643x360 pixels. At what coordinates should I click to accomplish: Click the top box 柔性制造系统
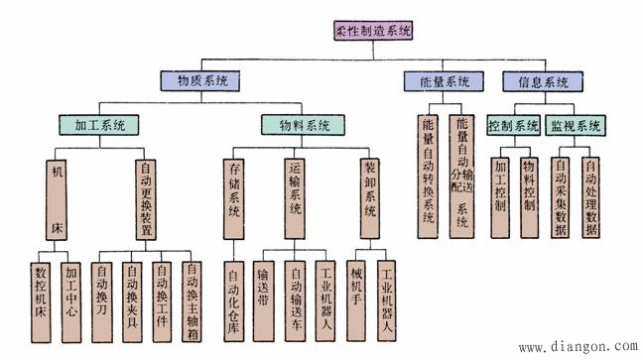point(371,30)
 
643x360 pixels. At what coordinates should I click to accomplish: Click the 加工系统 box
point(100,126)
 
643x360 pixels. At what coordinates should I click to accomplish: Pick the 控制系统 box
point(513,126)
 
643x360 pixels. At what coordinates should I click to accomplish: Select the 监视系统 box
point(576,126)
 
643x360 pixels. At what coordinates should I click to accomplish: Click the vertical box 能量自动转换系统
point(429,173)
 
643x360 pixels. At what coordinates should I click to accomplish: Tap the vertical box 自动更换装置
point(147,198)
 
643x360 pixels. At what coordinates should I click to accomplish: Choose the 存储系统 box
point(233,198)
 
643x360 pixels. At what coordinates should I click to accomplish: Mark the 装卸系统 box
point(370,198)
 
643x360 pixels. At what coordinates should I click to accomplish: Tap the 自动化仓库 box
point(234,298)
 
